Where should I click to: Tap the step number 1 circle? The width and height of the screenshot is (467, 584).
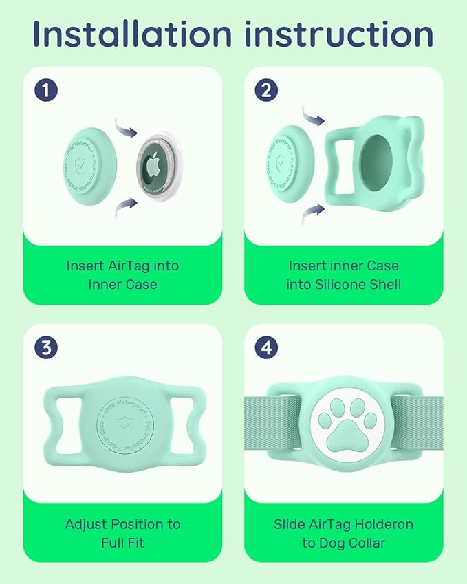click(45, 89)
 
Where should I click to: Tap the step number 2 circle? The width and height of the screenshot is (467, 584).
click(267, 89)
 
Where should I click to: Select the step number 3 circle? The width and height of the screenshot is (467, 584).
click(45, 347)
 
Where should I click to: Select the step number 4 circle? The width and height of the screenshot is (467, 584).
click(267, 347)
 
